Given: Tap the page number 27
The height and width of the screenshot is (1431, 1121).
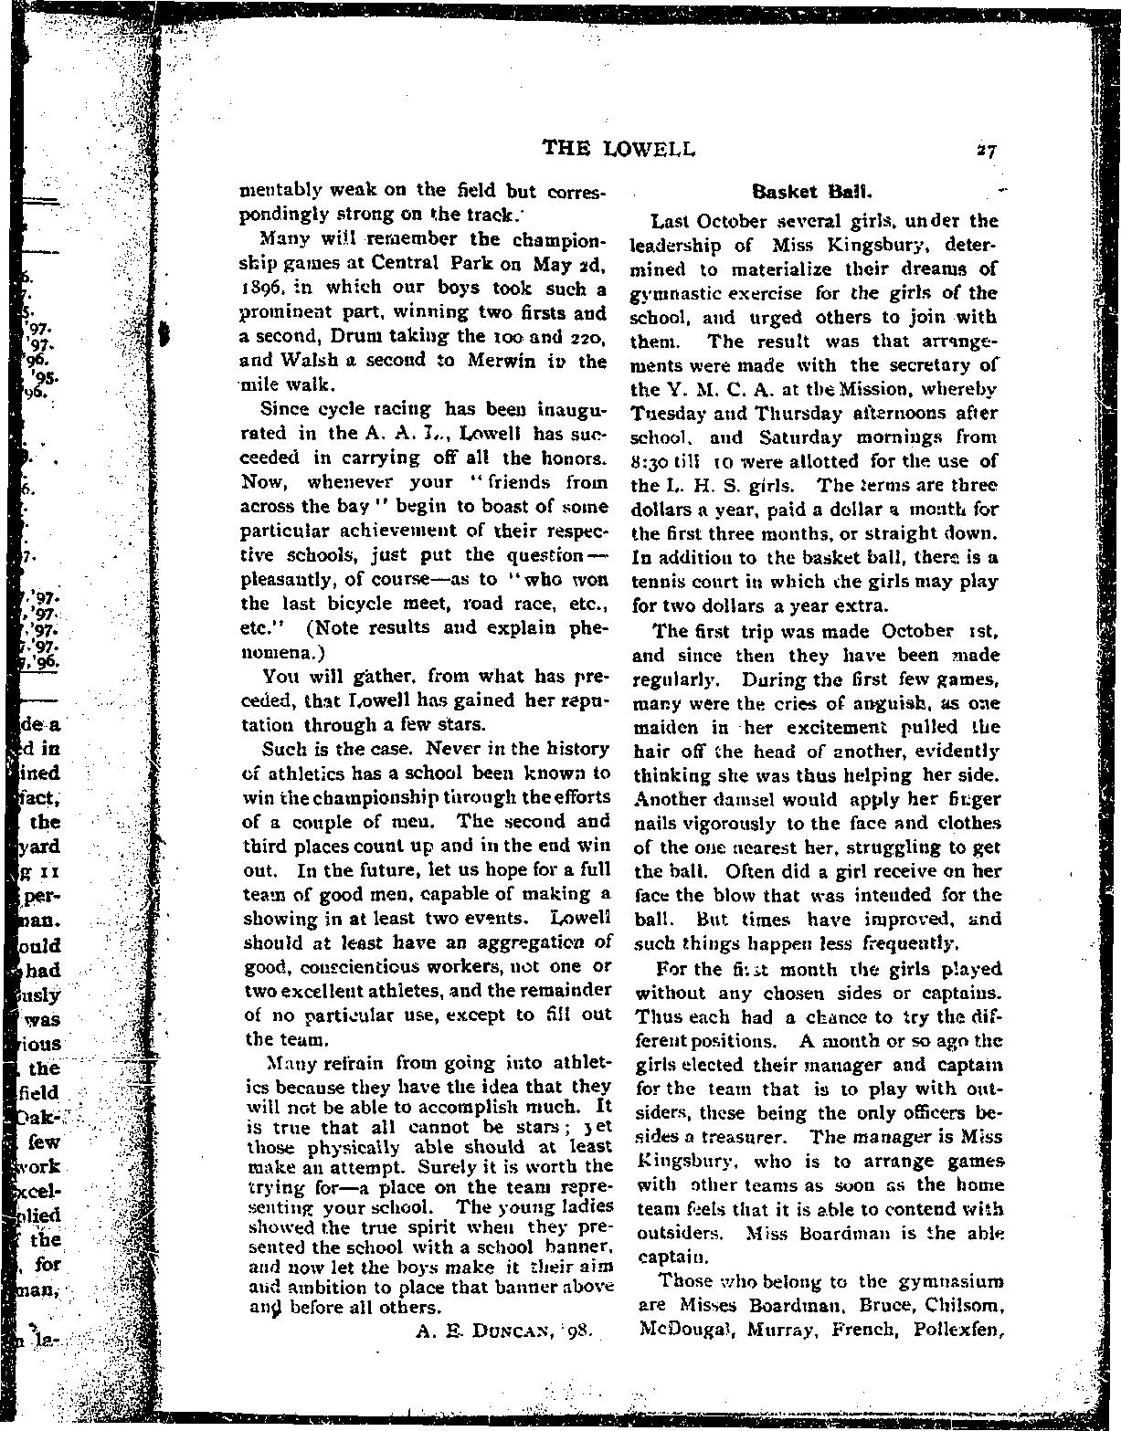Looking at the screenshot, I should point(984,151).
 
